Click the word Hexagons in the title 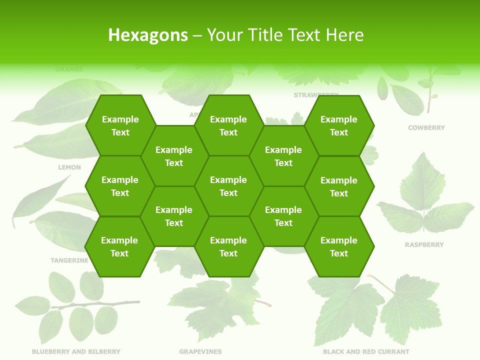pos(148,35)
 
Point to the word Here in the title pos(344,35)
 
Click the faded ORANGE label pos(69,69)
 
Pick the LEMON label pos(69,167)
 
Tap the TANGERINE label pos(69,260)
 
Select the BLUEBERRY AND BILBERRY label pos(76,351)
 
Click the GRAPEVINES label pos(200,351)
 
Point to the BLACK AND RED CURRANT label pos(366,351)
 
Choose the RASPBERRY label pos(424,245)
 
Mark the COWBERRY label pos(426,128)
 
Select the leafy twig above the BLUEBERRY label pos(75,305)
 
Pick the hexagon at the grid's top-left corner pos(120,125)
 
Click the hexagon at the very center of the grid pos(228,186)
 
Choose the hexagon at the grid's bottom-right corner pos(339,246)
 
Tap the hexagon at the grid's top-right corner pos(339,125)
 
